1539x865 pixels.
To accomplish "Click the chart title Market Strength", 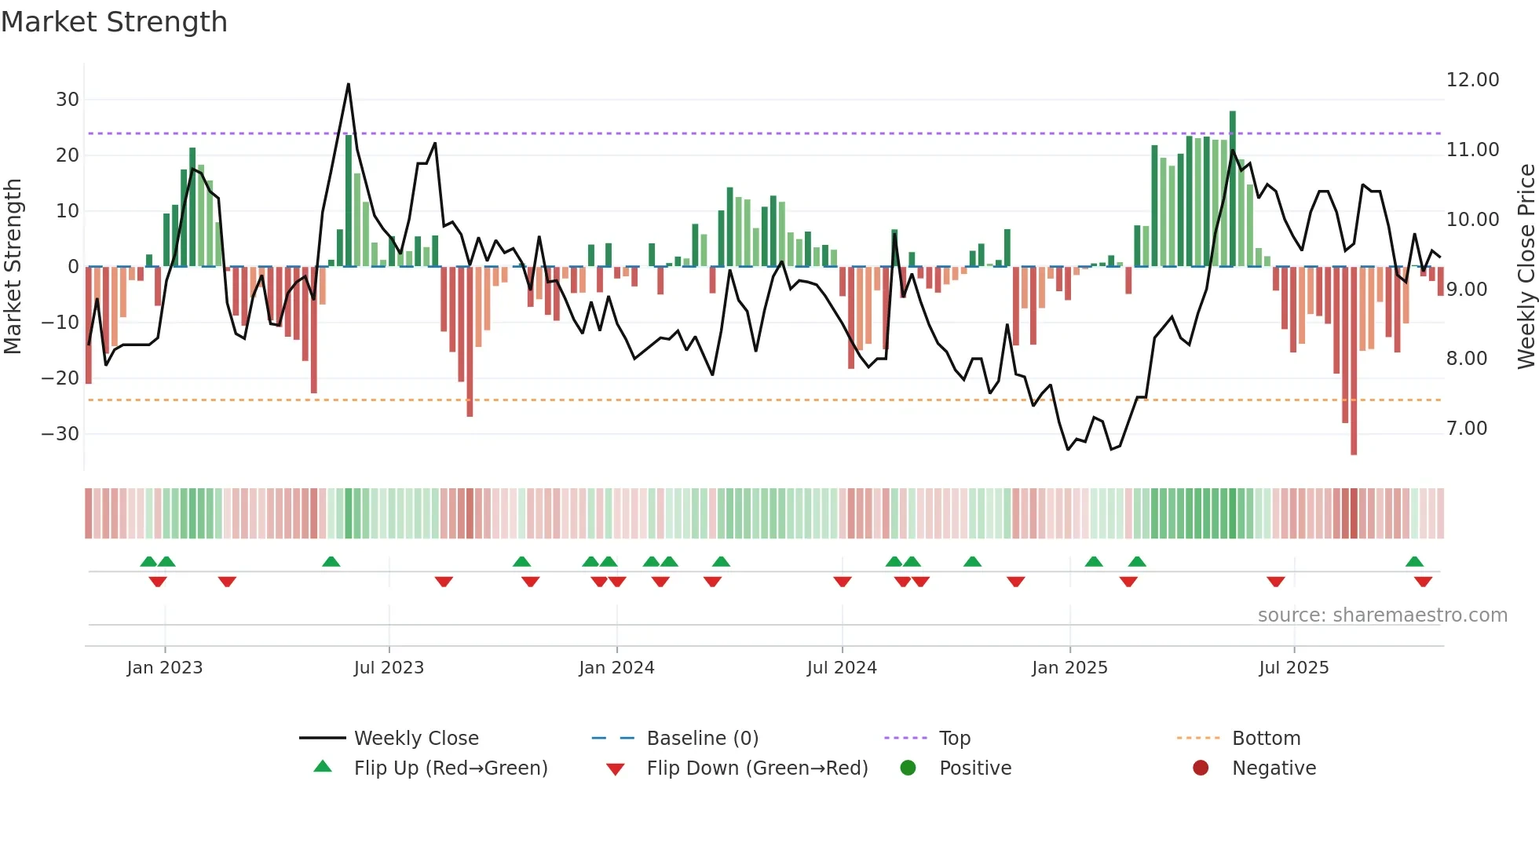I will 114,22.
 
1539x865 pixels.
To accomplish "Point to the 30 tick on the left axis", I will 68,100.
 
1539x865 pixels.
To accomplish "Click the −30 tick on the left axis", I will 61,434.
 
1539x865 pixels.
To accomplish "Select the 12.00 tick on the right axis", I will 1472,80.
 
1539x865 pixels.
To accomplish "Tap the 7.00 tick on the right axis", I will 1467,429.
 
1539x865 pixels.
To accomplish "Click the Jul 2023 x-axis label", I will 389,668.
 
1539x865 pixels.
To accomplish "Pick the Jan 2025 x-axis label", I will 1069,668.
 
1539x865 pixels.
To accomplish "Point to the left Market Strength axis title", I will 13,267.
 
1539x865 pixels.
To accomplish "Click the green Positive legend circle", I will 908,768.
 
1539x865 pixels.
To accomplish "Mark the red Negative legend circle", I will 1201,768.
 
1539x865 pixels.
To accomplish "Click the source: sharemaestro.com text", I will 1382,615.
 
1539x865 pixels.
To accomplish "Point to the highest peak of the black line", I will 349,85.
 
